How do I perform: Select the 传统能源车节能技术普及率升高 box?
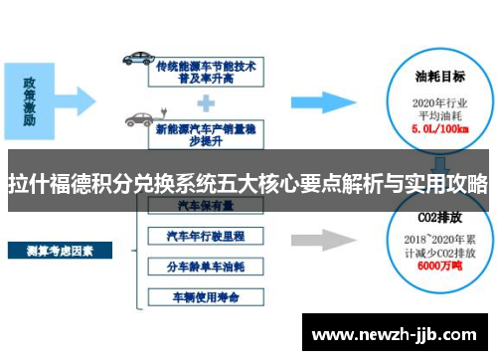(x=206, y=72)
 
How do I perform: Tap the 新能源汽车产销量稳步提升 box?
(x=206, y=126)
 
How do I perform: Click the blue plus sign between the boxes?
(x=206, y=99)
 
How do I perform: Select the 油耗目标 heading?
(x=440, y=76)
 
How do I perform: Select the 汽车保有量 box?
(x=206, y=205)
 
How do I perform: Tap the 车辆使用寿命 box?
(x=206, y=295)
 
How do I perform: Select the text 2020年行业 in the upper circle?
(x=440, y=102)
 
